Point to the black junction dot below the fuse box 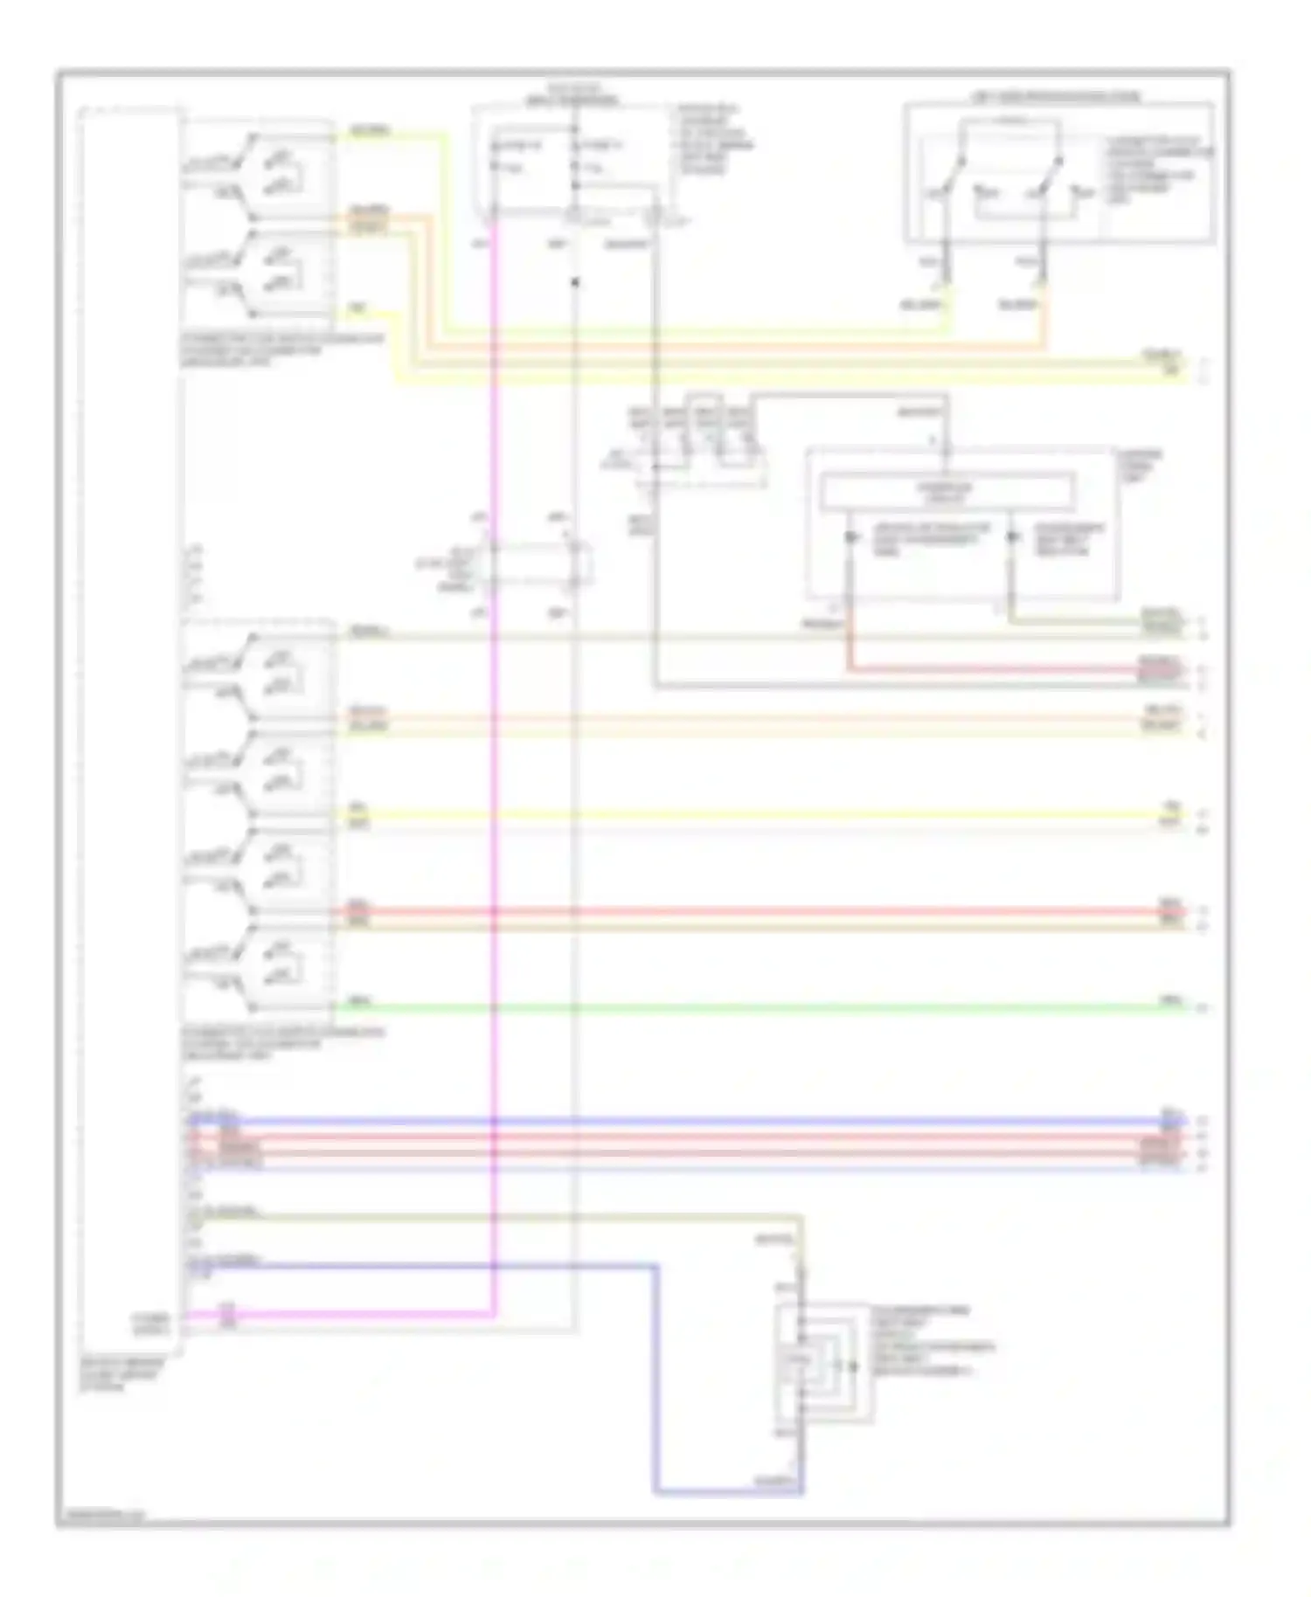point(575,282)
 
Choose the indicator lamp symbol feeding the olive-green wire point(1011,536)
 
